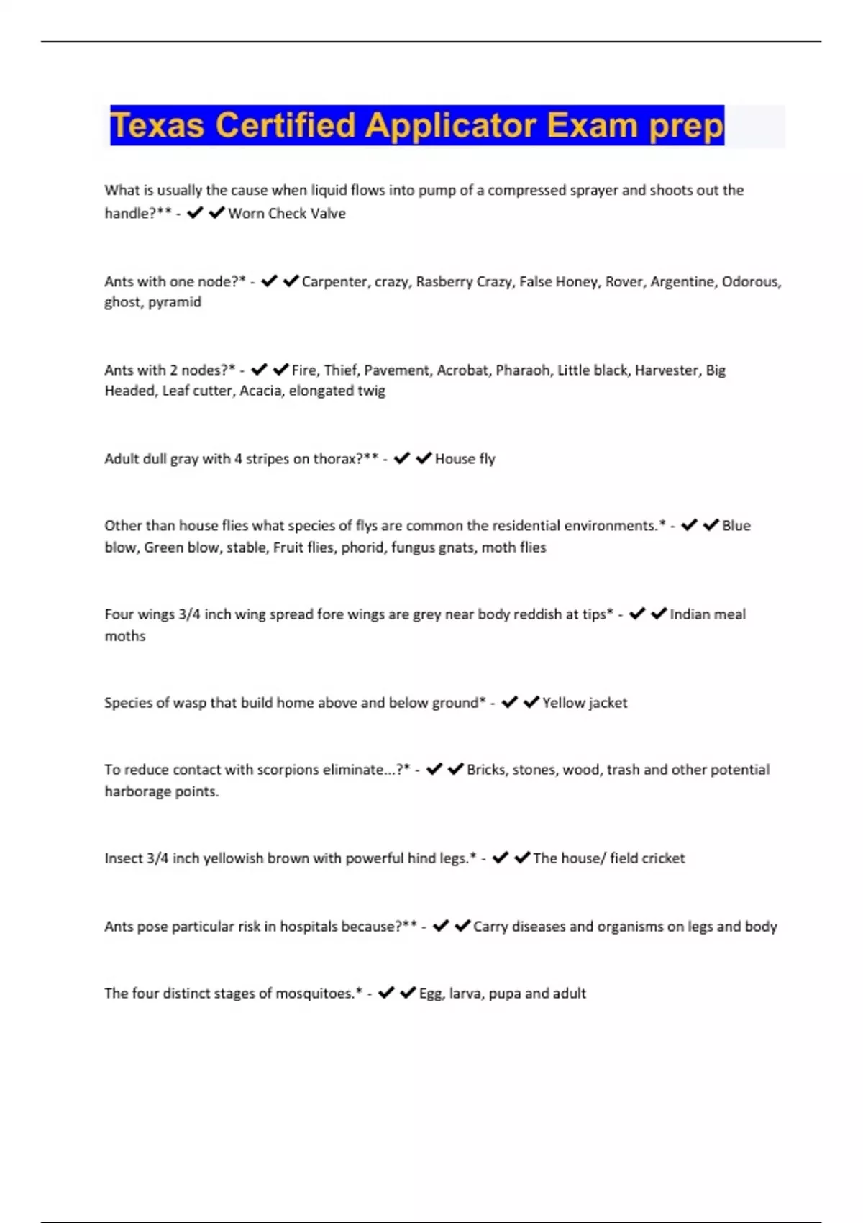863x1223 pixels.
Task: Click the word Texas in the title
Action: tap(157, 126)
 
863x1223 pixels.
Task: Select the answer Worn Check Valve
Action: tap(287, 214)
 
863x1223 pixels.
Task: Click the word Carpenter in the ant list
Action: tap(334, 282)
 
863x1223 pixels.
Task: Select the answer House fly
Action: tap(465, 459)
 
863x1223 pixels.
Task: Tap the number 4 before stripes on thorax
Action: tap(238, 459)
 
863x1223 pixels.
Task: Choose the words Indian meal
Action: tap(708, 614)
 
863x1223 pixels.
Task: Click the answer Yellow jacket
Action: tap(585, 703)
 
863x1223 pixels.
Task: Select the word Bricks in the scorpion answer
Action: tap(485, 770)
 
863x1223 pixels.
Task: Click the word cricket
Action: tap(662, 858)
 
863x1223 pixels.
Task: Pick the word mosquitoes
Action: tap(316, 994)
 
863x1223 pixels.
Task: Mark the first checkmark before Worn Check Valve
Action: tap(195, 213)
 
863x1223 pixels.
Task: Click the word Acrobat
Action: tap(462, 370)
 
